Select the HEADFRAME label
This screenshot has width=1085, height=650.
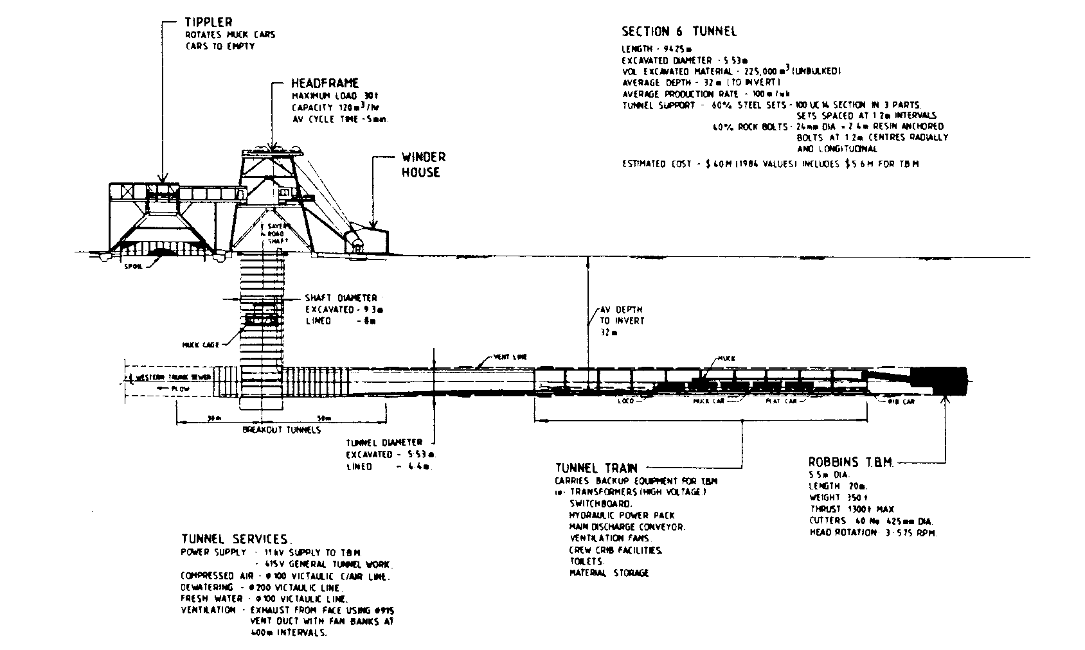pos(325,83)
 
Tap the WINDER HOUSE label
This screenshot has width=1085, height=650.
pos(424,164)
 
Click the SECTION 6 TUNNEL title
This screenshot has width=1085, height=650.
pos(679,31)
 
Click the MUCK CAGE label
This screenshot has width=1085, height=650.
pos(201,345)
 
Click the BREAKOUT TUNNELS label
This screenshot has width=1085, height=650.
pos(281,430)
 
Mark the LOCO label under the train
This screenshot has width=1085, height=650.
pos(624,401)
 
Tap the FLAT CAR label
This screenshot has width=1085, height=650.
pos(781,401)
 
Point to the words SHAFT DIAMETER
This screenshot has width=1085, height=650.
pos(341,297)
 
